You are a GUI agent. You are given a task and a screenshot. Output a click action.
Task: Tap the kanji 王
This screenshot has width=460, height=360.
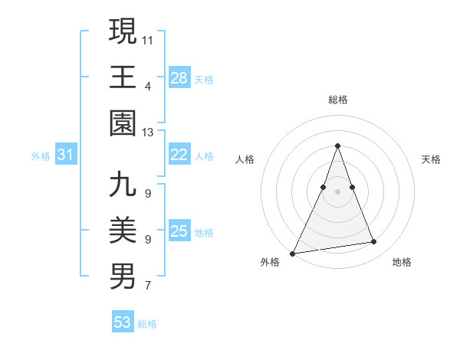click(123, 77)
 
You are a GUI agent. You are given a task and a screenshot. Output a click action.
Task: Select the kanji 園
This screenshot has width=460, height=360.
click(123, 123)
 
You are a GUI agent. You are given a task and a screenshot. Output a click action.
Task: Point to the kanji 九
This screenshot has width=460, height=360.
click(123, 185)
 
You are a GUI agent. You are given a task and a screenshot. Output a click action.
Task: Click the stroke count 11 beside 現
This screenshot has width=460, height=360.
click(148, 40)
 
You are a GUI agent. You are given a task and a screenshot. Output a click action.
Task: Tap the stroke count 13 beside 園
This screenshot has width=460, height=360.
click(148, 133)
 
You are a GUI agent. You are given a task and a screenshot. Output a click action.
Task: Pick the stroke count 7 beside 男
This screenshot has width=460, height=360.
click(147, 286)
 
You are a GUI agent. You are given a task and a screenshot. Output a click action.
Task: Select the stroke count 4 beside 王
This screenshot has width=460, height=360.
click(147, 87)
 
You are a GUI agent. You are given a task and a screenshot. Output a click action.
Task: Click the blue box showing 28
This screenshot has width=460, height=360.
click(179, 78)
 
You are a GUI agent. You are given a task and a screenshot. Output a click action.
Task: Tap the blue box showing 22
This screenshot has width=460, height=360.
click(179, 155)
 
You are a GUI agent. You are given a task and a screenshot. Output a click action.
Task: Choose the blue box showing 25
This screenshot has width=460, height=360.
click(179, 231)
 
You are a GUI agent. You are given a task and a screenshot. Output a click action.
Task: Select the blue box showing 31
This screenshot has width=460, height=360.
click(66, 155)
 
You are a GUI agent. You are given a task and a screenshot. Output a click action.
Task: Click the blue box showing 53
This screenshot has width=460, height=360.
click(123, 322)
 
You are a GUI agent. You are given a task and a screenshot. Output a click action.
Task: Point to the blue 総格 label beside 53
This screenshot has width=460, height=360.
click(147, 324)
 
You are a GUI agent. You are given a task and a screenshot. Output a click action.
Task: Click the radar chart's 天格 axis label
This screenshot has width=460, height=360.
click(431, 159)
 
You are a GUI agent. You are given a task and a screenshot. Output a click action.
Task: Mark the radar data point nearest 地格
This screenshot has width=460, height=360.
click(374, 242)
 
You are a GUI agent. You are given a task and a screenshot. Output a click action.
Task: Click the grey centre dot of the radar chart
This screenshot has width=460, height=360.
click(337, 191)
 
